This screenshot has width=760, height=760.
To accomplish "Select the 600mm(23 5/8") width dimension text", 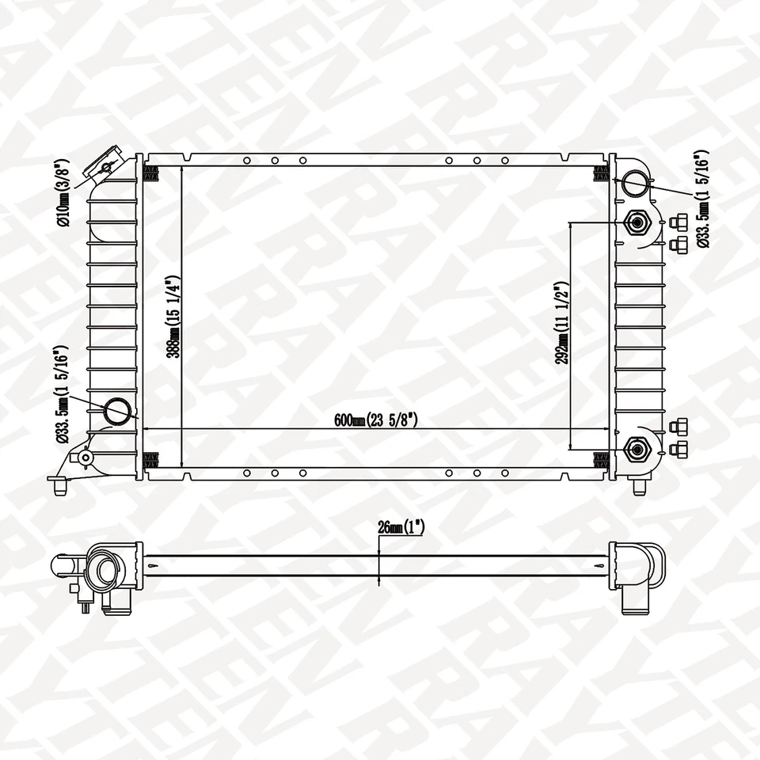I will [x=376, y=421].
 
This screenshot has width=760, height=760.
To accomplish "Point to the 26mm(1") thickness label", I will [x=402, y=527].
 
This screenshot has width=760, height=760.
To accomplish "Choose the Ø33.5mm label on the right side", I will [x=702, y=199].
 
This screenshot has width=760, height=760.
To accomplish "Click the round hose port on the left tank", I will [x=120, y=411].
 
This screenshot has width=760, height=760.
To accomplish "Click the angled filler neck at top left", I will [x=109, y=165].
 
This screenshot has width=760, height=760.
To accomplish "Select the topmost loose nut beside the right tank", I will [x=677, y=222].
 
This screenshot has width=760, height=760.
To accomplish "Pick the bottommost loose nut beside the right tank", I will [x=677, y=450].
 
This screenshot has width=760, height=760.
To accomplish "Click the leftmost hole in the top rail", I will [x=247, y=161].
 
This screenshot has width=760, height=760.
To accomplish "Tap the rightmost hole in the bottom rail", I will [x=505, y=473].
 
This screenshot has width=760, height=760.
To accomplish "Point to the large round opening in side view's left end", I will [x=104, y=569].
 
